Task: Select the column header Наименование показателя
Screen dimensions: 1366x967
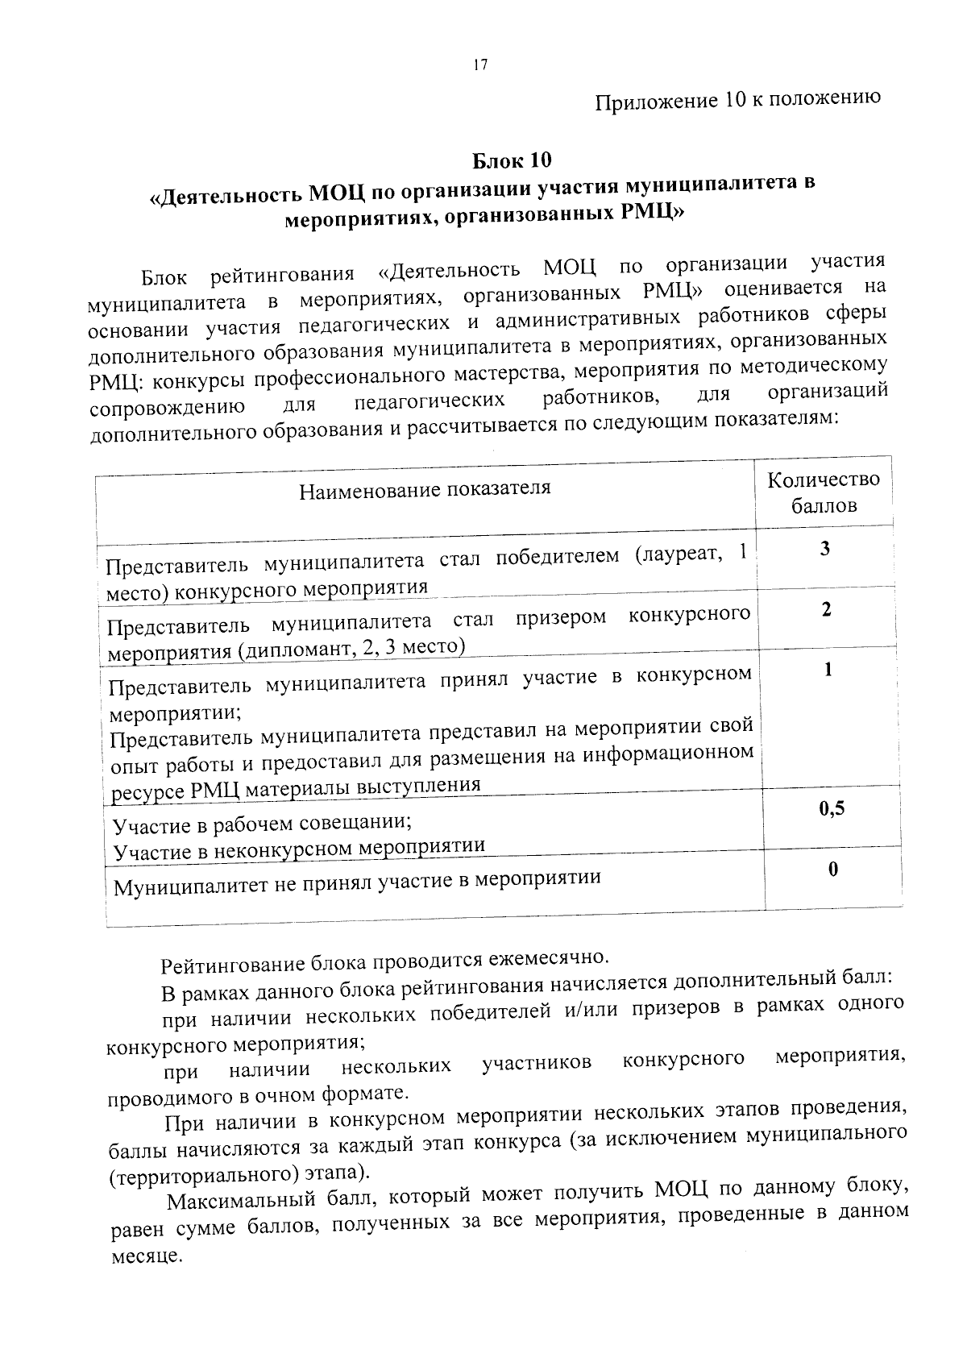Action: pos(425,489)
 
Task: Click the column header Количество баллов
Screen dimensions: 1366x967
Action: pos(824,492)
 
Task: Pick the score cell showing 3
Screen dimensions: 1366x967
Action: pos(824,550)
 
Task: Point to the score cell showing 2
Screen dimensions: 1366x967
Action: pos(826,610)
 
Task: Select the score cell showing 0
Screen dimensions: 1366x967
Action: pos(833,870)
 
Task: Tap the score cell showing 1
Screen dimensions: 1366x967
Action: pos(828,671)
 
